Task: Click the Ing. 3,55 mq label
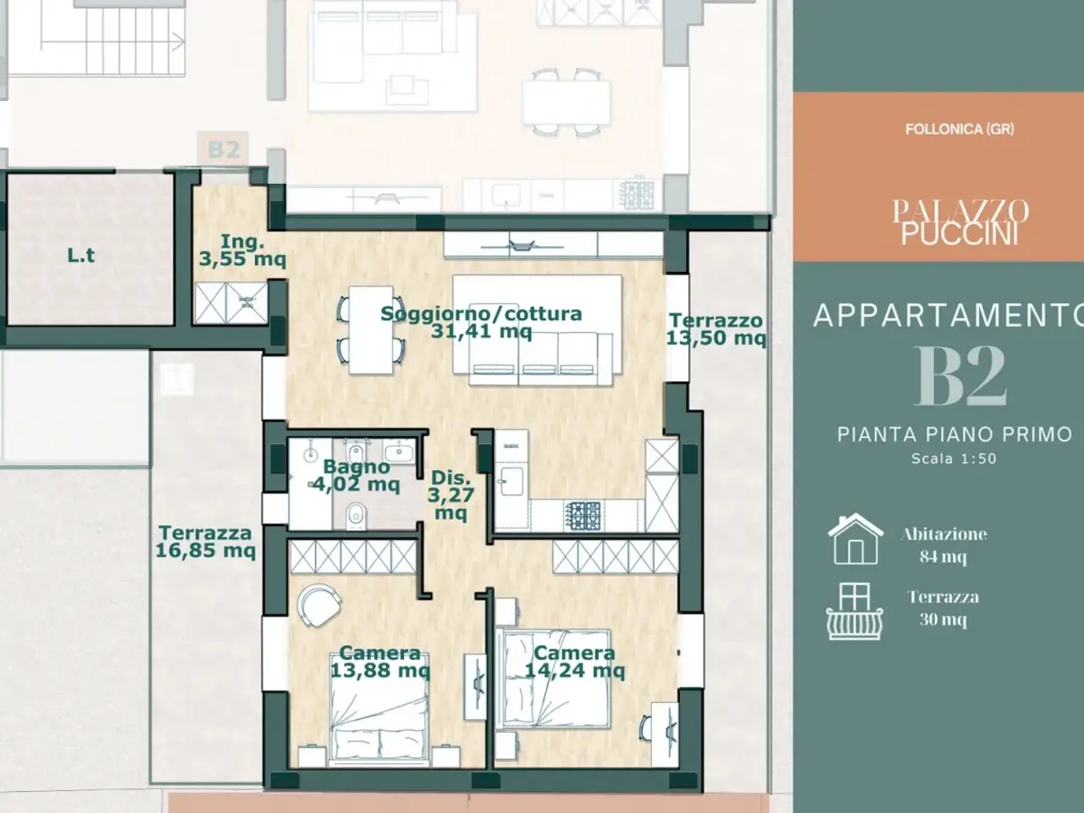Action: click(242, 251)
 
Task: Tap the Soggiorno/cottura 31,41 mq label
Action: click(482, 323)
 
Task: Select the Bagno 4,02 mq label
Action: click(356, 475)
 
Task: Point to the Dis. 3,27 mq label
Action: click(451, 495)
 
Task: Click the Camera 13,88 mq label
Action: click(379, 662)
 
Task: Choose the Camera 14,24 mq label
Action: click(574, 662)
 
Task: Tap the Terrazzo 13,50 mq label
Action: click(716, 329)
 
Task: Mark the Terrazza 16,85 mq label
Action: click(206, 541)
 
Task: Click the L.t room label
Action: click(81, 255)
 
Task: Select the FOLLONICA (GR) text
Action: click(960, 130)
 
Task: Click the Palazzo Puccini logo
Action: click(960, 222)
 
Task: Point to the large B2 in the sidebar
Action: click(960, 376)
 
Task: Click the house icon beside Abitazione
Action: click(855, 539)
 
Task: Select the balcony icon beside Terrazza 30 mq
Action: click(854, 611)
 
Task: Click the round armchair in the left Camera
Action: click(319, 605)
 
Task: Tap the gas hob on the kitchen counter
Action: click(583, 516)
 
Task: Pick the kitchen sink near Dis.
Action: click(511, 480)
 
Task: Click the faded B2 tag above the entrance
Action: click(224, 149)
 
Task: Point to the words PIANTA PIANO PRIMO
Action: click(955, 434)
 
